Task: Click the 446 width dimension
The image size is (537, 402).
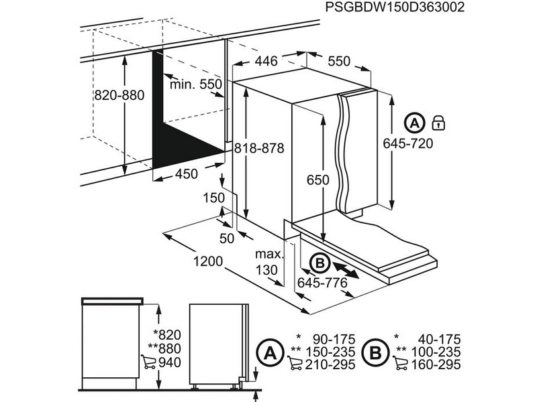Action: click(x=265, y=62)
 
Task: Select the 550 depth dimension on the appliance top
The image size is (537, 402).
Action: click(x=340, y=61)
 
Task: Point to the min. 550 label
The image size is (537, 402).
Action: click(x=195, y=84)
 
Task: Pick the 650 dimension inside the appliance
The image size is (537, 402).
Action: click(x=319, y=180)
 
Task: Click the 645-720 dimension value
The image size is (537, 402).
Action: click(x=407, y=143)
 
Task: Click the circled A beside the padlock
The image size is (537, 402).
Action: click(x=415, y=123)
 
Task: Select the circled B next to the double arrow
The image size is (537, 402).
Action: click(x=321, y=263)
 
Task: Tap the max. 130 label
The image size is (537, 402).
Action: click(x=266, y=262)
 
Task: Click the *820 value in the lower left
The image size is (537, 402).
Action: click(x=167, y=336)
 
